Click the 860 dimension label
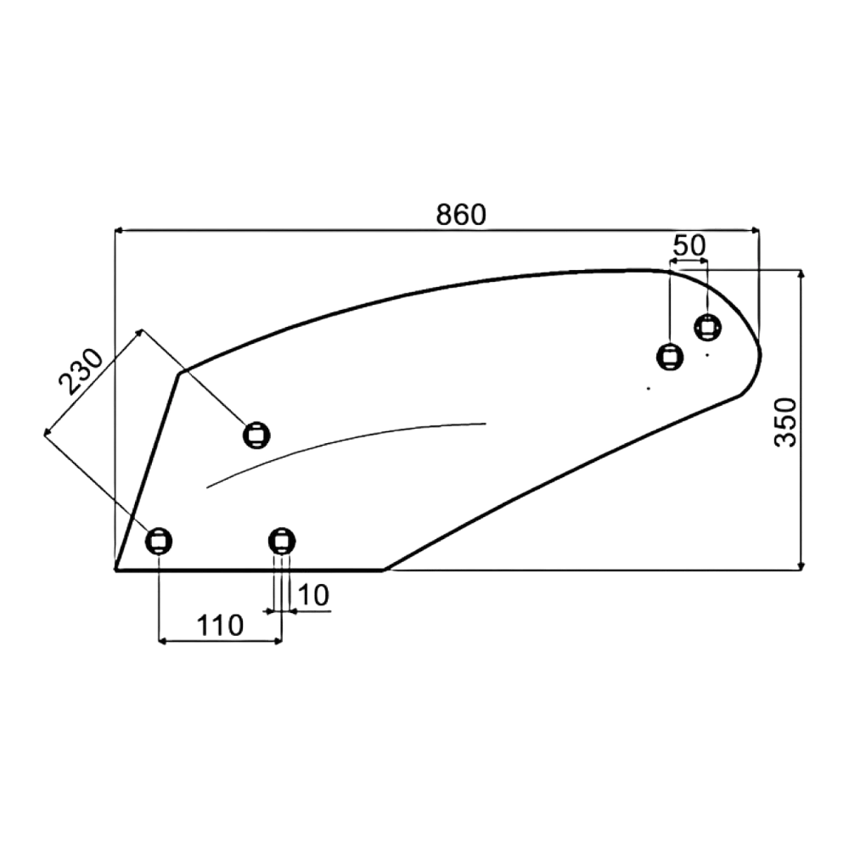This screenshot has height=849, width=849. click(x=461, y=215)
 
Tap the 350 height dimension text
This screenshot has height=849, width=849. click(x=785, y=422)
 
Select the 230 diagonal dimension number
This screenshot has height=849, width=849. click(x=80, y=372)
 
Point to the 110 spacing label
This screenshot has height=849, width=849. click(x=220, y=626)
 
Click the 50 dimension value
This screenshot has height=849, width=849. click(x=689, y=246)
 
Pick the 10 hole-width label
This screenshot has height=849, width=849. click(x=313, y=596)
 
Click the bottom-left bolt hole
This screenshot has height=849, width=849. click(x=159, y=540)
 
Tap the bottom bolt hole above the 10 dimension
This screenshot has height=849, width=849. click(x=282, y=540)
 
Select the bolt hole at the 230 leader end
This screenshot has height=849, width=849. click(x=256, y=435)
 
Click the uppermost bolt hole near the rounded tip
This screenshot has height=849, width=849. click(x=708, y=327)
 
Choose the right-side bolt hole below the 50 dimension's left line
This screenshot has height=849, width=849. click(x=670, y=357)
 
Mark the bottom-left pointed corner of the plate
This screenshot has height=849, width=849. click(x=116, y=569)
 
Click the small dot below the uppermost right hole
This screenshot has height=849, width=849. click(x=706, y=355)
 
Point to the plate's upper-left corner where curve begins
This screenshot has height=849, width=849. click(x=180, y=373)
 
